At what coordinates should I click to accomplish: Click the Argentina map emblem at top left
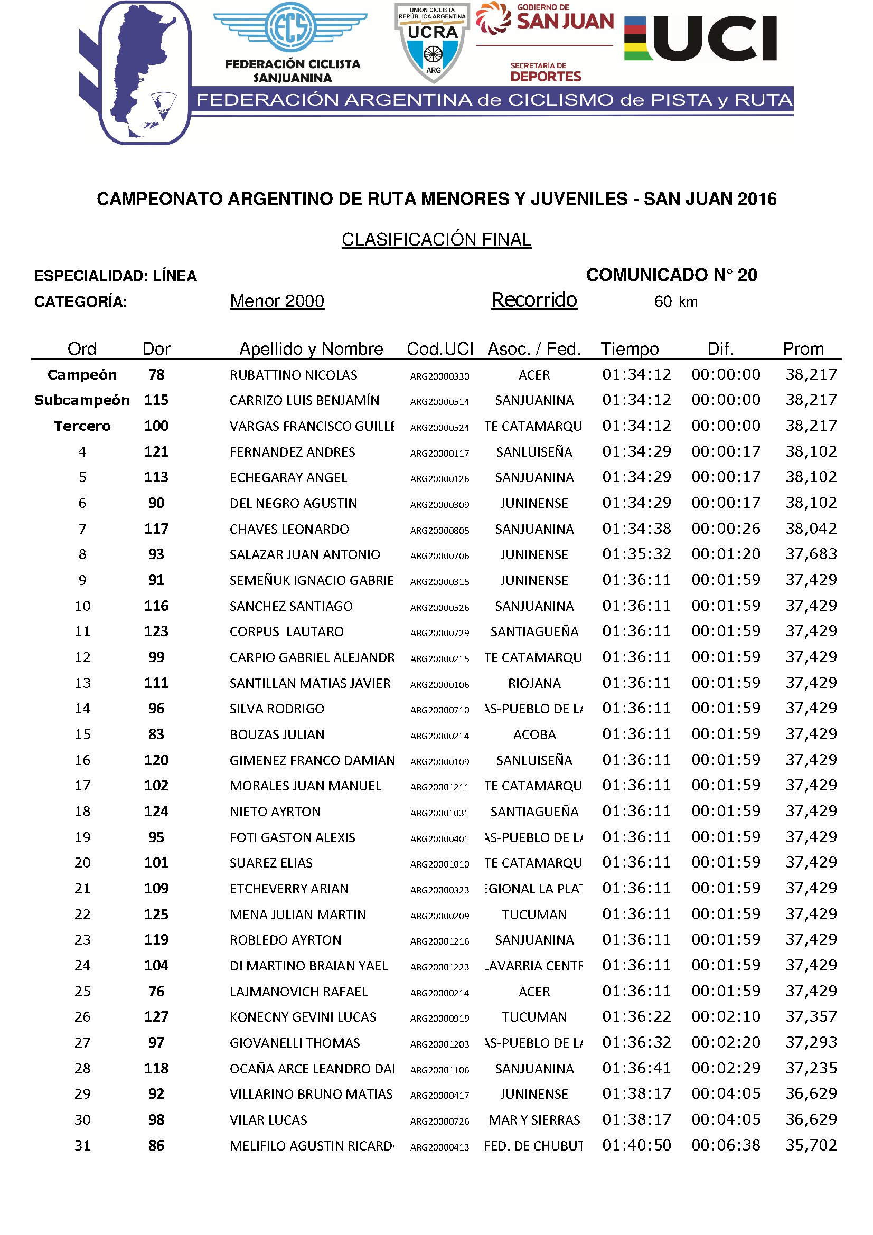[144, 73]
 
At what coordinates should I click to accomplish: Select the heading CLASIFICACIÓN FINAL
[436, 239]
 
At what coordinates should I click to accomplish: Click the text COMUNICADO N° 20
[671, 275]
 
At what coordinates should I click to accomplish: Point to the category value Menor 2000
[277, 300]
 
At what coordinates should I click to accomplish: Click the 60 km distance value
[675, 302]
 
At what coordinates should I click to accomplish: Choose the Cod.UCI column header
[439, 349]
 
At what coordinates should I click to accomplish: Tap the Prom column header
[803, 349]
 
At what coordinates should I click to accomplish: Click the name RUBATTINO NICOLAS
[293, 375]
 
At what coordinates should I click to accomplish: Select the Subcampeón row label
[82, 400]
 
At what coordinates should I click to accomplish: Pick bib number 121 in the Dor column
[156, 452]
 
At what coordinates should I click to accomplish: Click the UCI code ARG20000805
[439, 530]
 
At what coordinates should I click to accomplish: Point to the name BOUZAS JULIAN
[277, 735]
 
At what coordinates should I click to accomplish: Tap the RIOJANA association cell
[534, 683]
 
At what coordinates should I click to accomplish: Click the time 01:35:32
[636, 554]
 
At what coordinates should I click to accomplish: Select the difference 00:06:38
[726, 1146]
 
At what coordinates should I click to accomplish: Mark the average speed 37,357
[811, 1016]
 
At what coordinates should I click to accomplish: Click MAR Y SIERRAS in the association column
[534, 1120]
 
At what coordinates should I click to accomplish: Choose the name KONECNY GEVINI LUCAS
[303, 1017]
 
